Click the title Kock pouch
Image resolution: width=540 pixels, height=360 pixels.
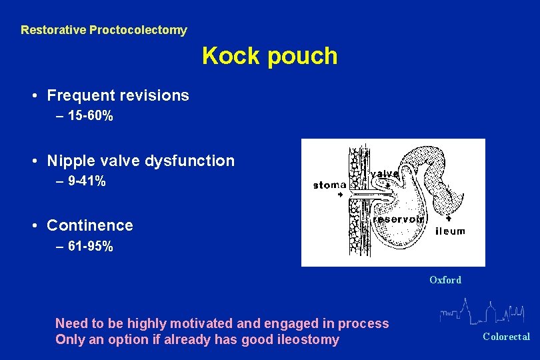click(x=269, y=56)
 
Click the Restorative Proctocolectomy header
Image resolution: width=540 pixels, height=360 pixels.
click(x=104, y=30)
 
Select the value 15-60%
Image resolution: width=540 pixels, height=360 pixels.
click(x=90, y=117)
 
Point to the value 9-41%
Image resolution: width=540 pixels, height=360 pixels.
click(x=87, y=181)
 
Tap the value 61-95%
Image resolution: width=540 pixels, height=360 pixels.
click(x=90, y=247)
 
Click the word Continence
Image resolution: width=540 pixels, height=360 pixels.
click(x=90, y=225)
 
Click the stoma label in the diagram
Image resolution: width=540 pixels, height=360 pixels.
click(x=329, y=185)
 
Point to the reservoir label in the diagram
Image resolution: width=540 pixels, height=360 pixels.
click(x=397, y=219)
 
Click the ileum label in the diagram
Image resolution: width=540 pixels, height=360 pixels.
click(x=450, y=231)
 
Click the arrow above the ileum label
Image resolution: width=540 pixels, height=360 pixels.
click(x=448, y=218)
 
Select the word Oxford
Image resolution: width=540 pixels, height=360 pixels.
click(x=445, y=280)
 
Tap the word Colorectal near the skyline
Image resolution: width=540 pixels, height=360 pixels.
click(x=506, y=337)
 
